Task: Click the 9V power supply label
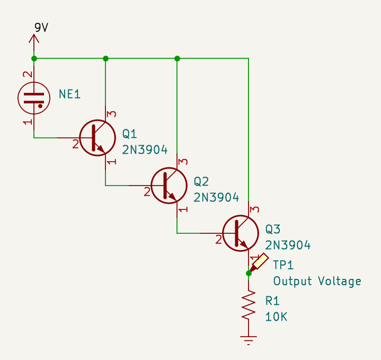[41, 28]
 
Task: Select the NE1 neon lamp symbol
[34, 96]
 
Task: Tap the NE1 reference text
[69, 94]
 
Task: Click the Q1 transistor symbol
[97, 137]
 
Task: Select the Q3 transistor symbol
[240, 233]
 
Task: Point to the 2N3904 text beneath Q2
[216, 198]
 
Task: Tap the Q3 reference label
[273, 230]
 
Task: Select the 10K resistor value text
[276, 317]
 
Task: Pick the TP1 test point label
[283, 265]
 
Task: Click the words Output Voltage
[317, 281]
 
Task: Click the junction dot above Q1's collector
[105, 58]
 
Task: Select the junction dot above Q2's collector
[177, 58]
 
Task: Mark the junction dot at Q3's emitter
[248, 273]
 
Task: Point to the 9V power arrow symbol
[34, 40]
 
